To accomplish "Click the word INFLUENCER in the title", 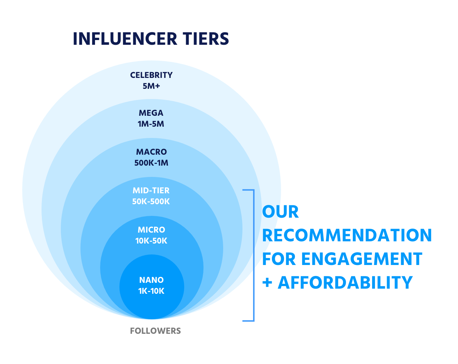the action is (x=125, y=39).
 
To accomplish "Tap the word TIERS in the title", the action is (x=206, y=39).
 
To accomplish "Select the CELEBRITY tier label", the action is (x=151, y=75).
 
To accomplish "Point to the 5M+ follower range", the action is (x=151, y=86).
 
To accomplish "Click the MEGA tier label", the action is (x=151, y=113).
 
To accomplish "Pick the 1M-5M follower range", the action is (x=151, y=124).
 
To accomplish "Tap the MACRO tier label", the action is (x=151, y=152).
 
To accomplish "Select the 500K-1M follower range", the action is (x=151, y=163).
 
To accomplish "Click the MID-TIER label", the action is (x=151, y=190).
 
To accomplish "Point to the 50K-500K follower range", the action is (x=151, y=201).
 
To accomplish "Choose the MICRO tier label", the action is (x=151, y=230).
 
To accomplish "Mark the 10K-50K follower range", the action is (x=151, y=241).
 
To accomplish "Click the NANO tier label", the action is (x=151, y=280).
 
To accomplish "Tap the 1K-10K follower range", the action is (x=151, y=291).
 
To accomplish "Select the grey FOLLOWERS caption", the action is (x=155, y=331).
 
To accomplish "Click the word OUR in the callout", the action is (x=280, y=212).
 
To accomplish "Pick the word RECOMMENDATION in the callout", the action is (x=347, y=236).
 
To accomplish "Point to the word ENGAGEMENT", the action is (x=362, y=259).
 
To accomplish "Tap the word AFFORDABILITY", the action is (x=345, y=283).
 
